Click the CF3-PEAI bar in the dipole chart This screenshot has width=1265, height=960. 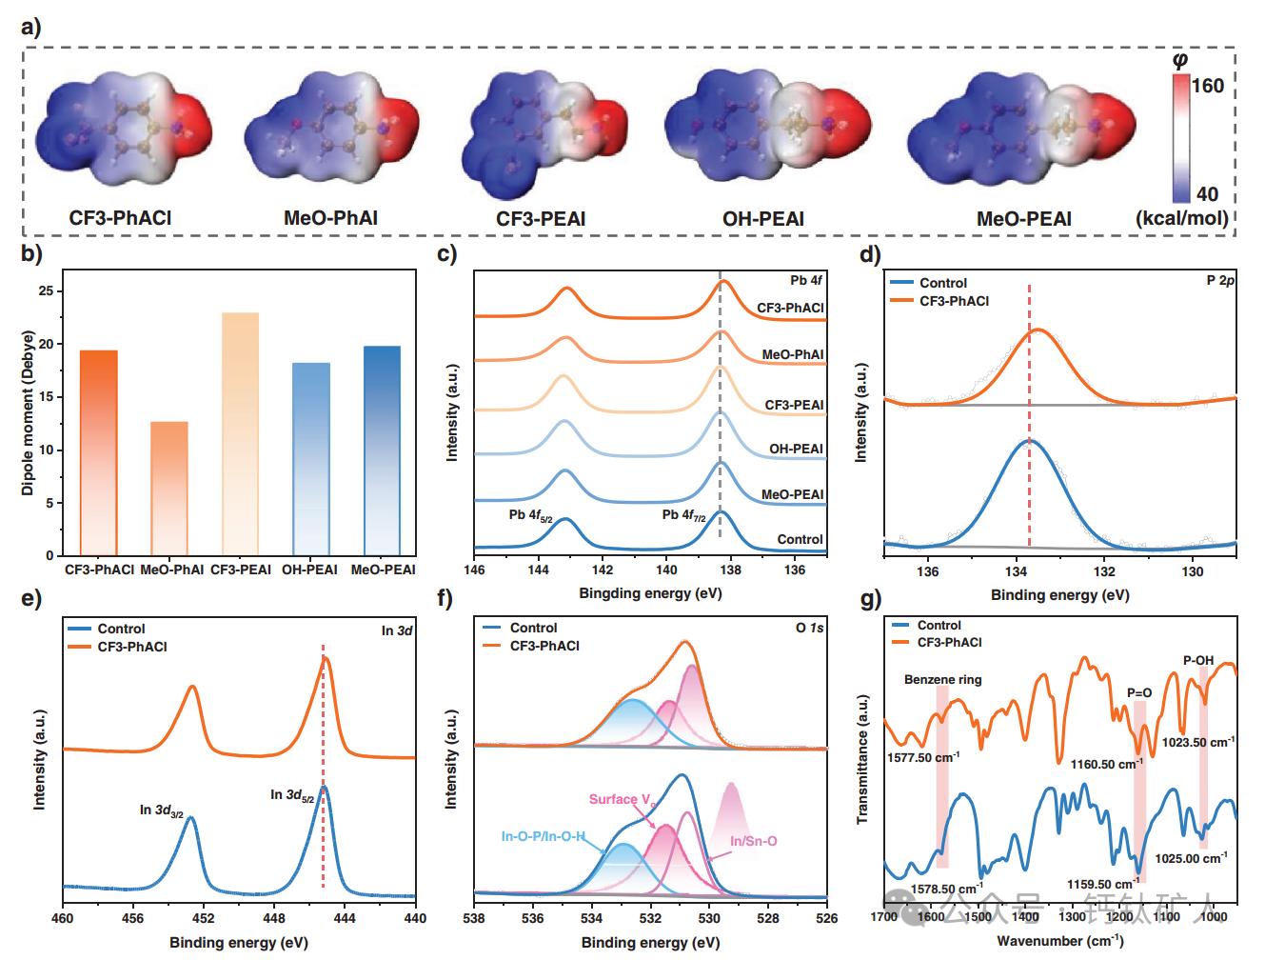click(x=240, y=433)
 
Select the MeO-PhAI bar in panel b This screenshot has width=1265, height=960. click(x=169, y=489)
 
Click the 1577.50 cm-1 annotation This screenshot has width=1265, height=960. click(x=922, y=759)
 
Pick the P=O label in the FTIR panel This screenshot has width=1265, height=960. click(x=1139, y=692)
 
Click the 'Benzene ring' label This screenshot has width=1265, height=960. click(x=942, y=680)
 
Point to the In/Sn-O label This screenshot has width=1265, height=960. click(x=753, y=841)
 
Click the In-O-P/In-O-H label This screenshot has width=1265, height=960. click(x=544, y=837)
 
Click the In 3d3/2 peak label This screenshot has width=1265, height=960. click(x=162, y=810)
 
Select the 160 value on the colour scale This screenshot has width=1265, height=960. click(x=1207, y=87)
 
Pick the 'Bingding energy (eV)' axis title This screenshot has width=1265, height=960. click(x=650, y=592)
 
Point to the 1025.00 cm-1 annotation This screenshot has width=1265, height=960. click(x=1190, y=858)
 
